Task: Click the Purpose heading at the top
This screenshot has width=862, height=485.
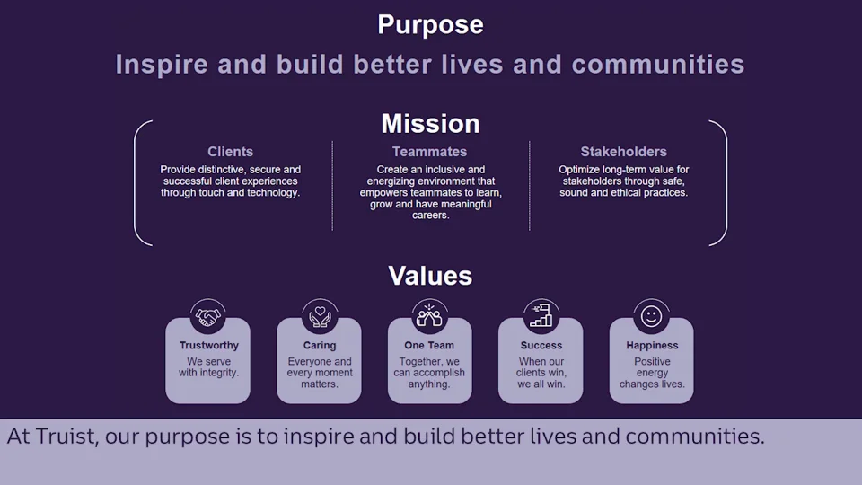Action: coord(430,25)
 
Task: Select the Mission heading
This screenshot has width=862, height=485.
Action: coord(430,124)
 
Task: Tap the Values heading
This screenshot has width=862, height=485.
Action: coord(430,276)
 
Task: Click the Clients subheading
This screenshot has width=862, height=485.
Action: coord(231,151)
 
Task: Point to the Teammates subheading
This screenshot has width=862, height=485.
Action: coord(429,151)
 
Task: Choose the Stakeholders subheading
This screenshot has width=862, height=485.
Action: coord(623,151)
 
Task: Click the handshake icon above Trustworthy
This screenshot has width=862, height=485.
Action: coord(207,317)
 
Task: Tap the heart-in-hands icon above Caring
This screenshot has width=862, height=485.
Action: coord(320,316)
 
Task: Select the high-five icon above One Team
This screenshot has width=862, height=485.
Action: coord(429,315)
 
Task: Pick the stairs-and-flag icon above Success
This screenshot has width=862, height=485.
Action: coord(541,315)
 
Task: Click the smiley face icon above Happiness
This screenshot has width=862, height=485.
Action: coord(652,316)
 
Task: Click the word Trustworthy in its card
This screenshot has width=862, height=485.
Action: coord(209,345)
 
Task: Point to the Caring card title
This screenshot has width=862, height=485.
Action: coord(320,345)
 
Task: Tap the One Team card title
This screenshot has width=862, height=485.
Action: coord(429,345)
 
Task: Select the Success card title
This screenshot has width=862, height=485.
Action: coord(541,345)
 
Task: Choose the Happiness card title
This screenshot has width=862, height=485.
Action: coord(652,345)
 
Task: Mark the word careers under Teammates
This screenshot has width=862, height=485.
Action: coord(430,216)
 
